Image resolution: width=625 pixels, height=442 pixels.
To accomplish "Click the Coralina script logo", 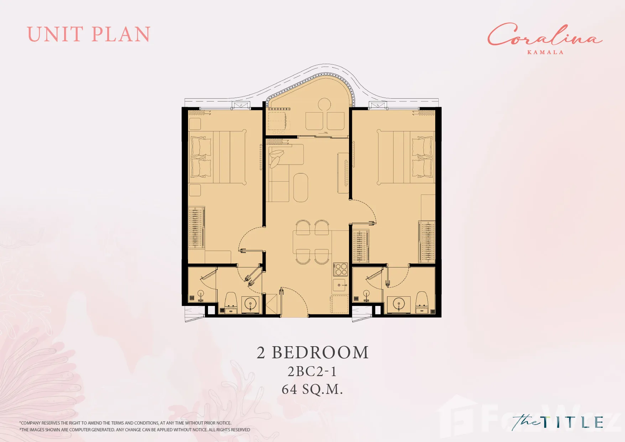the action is [x=545, y=35].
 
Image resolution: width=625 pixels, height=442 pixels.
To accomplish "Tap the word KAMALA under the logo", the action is [x=545, y=52].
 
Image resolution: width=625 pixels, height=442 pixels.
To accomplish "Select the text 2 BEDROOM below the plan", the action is [x=313, y=353].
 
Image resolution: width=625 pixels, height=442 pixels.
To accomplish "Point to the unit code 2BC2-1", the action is [x=312, y=371].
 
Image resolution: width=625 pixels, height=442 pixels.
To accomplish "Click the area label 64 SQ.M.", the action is [x=312, y=389].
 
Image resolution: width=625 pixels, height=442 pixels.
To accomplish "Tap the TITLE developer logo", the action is [x=558, y=422].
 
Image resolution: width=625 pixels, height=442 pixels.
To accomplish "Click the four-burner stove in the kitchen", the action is [x=340, y=269].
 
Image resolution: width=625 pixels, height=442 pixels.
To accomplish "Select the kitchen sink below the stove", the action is [x=339, y=285].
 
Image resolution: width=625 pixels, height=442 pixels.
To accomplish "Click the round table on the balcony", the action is [x=324, y=105].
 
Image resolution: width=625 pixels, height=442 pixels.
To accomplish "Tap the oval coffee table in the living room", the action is [x=301, y=187].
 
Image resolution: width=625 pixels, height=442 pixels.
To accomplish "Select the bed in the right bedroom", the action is [x=406, y=157].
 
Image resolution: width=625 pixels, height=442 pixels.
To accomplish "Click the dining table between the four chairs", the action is [x=312, y=242].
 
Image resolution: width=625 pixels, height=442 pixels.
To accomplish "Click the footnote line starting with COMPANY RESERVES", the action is [x=125, y=423].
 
